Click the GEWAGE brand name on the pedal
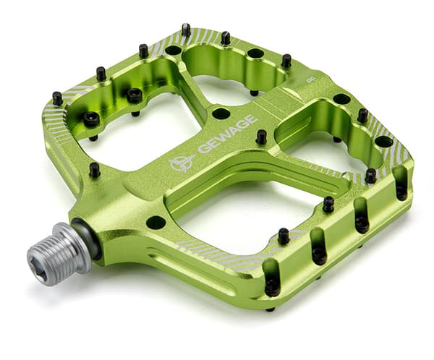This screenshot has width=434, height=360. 228,134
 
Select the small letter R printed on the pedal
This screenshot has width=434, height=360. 310,80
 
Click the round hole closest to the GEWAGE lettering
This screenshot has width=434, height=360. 221,113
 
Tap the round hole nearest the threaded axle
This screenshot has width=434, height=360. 156,223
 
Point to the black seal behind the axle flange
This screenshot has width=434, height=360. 89,238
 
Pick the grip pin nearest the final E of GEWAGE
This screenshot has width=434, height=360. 261,137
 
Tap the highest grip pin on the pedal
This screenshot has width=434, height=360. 187,30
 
